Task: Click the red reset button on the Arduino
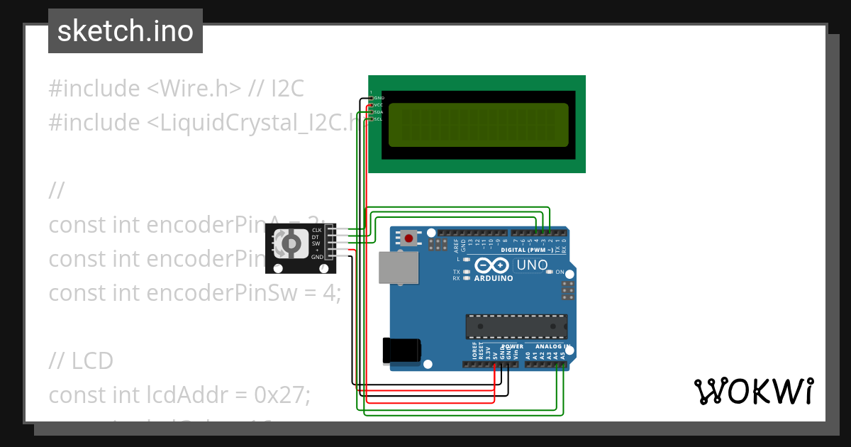[408, 238]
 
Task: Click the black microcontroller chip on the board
[516, 326]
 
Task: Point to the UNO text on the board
[532, 265]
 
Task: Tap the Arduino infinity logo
[493, 266]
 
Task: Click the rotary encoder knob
[290, 244]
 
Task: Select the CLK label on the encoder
[317, 231]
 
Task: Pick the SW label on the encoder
[316, 243]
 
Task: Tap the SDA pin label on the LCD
[379, 112]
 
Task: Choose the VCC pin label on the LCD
[379, 105]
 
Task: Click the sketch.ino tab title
[126, 31]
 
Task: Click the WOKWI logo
[754, 391]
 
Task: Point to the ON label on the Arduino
[560, 272]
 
